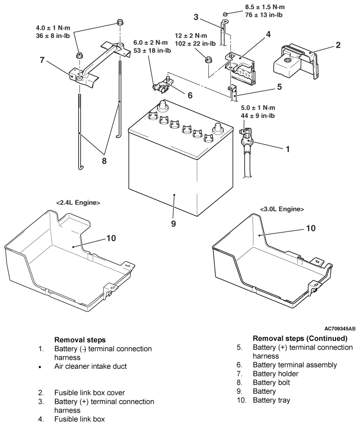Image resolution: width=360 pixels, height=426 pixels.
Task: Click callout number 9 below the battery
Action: point(173,223)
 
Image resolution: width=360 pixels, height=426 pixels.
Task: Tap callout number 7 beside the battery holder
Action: point(42,60)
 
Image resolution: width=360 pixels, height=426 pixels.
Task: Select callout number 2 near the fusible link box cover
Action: point(338,45)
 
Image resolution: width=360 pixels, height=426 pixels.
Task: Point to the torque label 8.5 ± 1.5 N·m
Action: point(265,7)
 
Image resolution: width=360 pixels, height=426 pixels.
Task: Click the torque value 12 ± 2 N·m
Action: point(191,36)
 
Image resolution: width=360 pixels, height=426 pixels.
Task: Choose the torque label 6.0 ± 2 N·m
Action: point(151,42)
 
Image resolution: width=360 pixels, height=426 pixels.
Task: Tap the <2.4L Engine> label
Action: point(78,202)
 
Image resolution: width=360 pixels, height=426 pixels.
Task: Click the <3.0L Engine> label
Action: point(282,209)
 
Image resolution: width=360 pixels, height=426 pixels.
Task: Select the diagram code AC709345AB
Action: point(340,329)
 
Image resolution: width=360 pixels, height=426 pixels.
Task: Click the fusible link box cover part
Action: point(295,61)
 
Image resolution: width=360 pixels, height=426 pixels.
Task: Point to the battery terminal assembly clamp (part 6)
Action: point(163,85)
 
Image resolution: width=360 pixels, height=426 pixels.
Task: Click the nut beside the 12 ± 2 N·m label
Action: point(208,60)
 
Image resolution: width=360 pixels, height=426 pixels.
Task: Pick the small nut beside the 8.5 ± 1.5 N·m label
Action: point(225,14)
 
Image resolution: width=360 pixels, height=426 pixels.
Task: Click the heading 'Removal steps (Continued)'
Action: point(300,338)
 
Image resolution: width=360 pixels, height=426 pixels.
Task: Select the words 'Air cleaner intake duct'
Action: point(90,366)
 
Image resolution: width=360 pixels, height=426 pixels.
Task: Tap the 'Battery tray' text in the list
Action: point(272,400)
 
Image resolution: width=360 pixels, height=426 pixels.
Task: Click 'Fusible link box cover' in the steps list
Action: point(90,392)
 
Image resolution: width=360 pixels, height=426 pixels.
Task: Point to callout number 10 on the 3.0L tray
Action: point(311,228)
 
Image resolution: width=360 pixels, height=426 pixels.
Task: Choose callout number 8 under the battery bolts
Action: point(104,161)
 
